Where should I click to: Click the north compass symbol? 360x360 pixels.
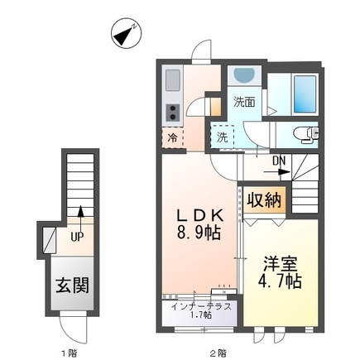[125, 33]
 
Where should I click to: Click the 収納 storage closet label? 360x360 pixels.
[264, 199]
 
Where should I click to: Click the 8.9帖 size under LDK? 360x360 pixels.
[197, 233]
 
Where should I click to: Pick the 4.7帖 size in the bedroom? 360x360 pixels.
[281, 281]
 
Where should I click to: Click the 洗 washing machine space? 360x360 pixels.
[222, 137]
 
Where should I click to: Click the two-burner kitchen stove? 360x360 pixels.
[173, 111]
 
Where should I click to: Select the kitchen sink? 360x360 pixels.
[172, 81]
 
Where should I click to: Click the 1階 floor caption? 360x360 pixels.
[70, 353]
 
